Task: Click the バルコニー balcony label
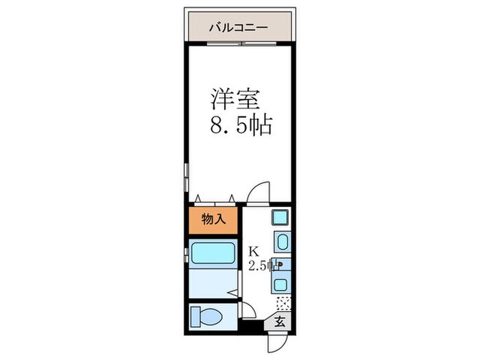(239, 28)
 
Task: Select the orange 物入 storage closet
(213, 220)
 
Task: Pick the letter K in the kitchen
(253, 250)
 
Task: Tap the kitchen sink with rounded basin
(282, 241)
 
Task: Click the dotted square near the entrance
(283, 303)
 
